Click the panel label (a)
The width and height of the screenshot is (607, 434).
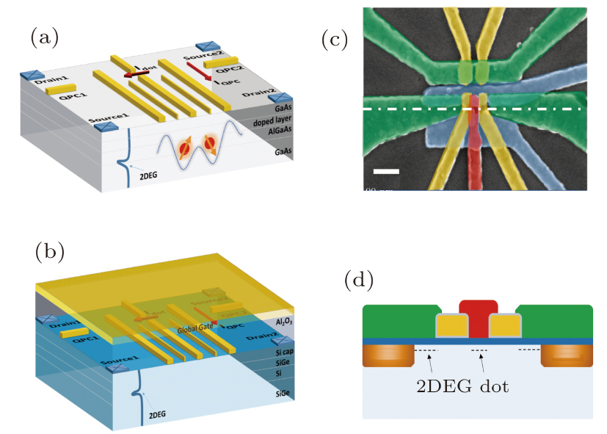tap(43, 37)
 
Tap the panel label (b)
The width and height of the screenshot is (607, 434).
tap(48, 252)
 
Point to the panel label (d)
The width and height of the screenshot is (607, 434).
tap(358, 280)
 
